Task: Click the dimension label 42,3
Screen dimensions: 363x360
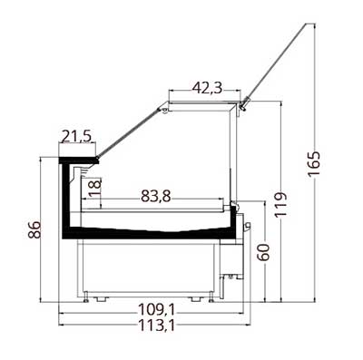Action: [208, 88]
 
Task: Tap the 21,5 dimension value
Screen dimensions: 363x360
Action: [76, 136]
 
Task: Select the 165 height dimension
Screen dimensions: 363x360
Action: [314, 164]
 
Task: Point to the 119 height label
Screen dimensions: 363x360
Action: [280, 204]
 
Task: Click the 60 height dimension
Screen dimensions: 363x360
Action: [263, 252]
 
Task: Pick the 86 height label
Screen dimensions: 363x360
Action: [34, 229]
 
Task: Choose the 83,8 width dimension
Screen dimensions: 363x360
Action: [156, 197]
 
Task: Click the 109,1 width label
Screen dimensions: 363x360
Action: [156, 309]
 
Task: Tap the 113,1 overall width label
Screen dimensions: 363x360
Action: [156, 326]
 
